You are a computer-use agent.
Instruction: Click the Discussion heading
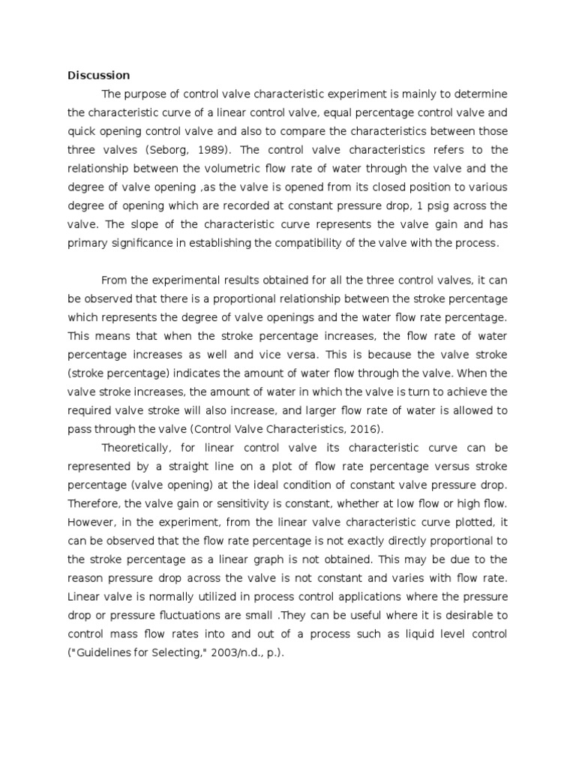[x=98, y=75]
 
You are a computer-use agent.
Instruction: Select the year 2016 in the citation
[x=367, y=429]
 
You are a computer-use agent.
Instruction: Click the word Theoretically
[x=139, y=447]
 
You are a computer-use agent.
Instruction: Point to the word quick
[x=82, y=131]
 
